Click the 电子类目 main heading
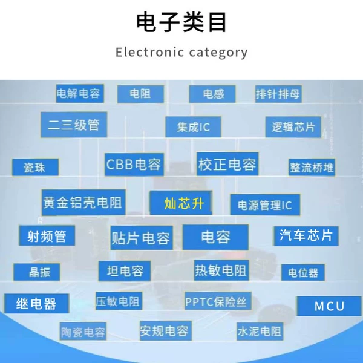pyautogui.click(x=181, y=22)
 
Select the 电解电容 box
pyautogui.click(x=80, y=94)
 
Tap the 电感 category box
pyautogui.click(x=212, y=94)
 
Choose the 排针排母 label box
pyautogui.click(x=278, y=94)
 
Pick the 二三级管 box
pyautogui.click(x=74, y=125)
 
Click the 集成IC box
pyautogui.click(x=193, y=127)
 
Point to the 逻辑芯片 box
pyautogui.click(x=293, y=127)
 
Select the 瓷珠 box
pyautogui.click(x=35, y=167)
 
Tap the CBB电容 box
pyautogui.click(x=134, y=165)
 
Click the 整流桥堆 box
pyautogui.click(x=312, y=167)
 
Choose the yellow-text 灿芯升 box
pyautogui.click(x=181, y=203)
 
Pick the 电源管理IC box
pyautogui.click(x=265, y=204)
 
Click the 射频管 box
pyautogui.click(x=47, y=236)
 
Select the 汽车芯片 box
pyautogui.click(x=306, y=236)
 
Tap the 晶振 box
pyautogui.click(x=36, y=272)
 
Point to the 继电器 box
pyautogui.click(x=36, y=304)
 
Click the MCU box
pyautogui.click(x=329, y=306)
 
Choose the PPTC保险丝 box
pyautogui.click(x=218, y=301)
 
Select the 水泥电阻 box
pyautogui.click(x=260, y=332)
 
